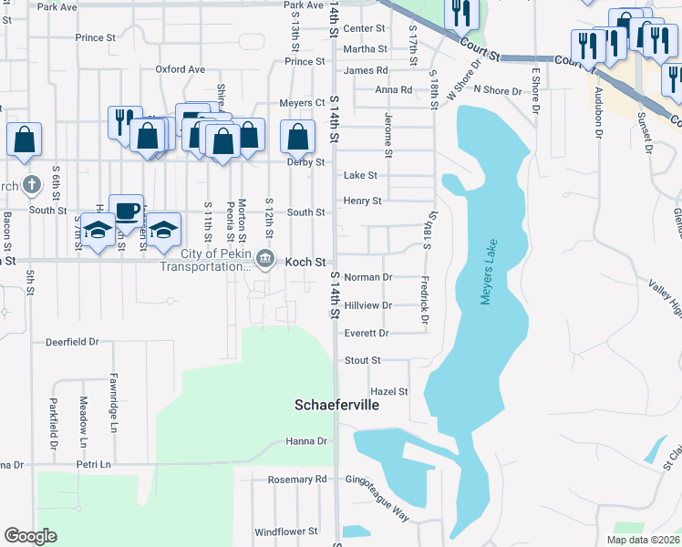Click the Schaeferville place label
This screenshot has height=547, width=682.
(336, 404)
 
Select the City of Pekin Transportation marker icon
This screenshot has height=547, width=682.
(264, 260)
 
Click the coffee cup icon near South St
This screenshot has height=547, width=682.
(126, 211)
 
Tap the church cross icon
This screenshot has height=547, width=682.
(31, 185)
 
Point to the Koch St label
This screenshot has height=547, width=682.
(305, 262)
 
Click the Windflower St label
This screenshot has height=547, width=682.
(285, 531)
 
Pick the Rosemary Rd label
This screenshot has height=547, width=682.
(296, 480)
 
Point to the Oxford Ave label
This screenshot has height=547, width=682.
(180, 69)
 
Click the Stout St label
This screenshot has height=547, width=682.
(363, 361)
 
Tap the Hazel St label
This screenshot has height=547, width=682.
(389, 391)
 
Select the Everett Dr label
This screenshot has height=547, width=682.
(367, 334)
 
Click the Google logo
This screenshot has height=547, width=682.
(30, 536)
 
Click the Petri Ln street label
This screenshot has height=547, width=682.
(93, 464)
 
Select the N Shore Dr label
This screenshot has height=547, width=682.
(497, 91)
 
